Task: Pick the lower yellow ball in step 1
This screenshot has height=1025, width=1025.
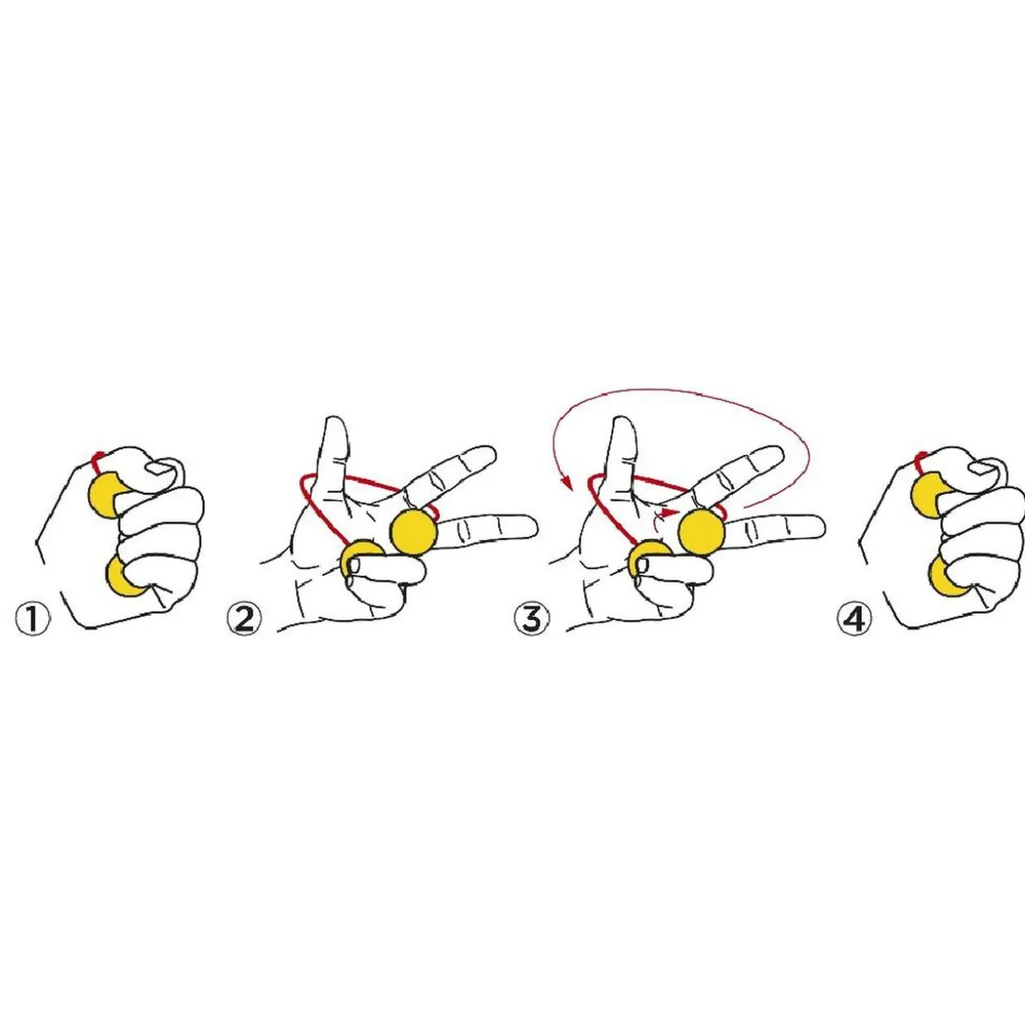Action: [x=124, y=577]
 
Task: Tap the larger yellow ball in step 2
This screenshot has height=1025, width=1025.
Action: [x=414, y=532]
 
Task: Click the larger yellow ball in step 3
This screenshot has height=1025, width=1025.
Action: [x=702, y=532]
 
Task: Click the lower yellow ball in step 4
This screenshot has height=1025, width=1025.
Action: [x=945, y=577]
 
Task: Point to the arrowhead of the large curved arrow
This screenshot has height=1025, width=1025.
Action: [x=567, y=483]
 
